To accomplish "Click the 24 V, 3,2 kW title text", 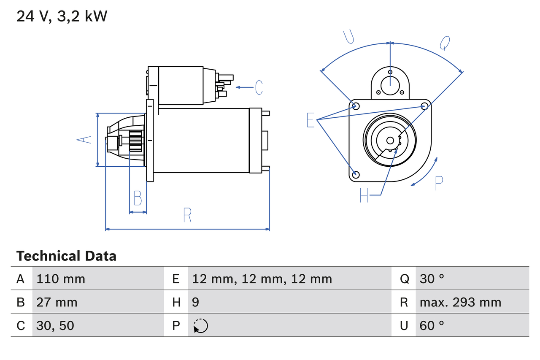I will tap(62, 16).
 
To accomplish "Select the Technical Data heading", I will tap(66, 256).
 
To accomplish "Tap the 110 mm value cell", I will tap(61, 279).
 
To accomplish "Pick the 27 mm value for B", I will tap(57, 302).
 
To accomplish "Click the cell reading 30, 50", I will tap(55, 325).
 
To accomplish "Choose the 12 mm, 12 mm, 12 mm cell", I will tap(262, 279).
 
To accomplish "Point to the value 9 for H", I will tap(196, 302).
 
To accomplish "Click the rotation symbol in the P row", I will tap(200, 326).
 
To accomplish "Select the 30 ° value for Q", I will tap(432, 279).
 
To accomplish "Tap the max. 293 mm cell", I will tap(460, 302).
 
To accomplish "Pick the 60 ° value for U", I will tap(432, 325).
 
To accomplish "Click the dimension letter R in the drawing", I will tap(187, 215).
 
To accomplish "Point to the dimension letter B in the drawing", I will tap(138, 198).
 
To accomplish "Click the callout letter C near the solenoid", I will tap(259, 87).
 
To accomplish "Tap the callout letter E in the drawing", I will tap(310, 120).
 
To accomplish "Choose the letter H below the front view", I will tap(364, 195).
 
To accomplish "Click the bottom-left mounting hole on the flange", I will tap(356, 174).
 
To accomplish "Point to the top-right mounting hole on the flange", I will tap(425, 106).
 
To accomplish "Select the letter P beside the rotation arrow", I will tap(439, 183).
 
